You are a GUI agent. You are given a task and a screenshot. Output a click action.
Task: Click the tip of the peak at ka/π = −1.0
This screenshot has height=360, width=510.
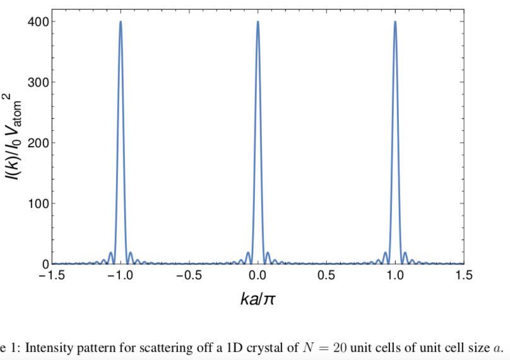tap(121, 22)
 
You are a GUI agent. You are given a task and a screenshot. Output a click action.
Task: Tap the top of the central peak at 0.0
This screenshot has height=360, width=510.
tap(258, 22)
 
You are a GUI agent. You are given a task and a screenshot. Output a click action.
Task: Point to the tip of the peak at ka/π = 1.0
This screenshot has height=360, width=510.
tap(395, 22)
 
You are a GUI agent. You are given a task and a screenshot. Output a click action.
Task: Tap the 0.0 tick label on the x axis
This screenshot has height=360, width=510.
tap(258, 276)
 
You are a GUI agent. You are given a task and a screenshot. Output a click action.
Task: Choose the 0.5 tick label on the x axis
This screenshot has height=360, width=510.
tap(327, 276)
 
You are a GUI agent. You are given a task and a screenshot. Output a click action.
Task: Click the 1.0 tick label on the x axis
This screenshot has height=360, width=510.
tap(395, 276)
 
